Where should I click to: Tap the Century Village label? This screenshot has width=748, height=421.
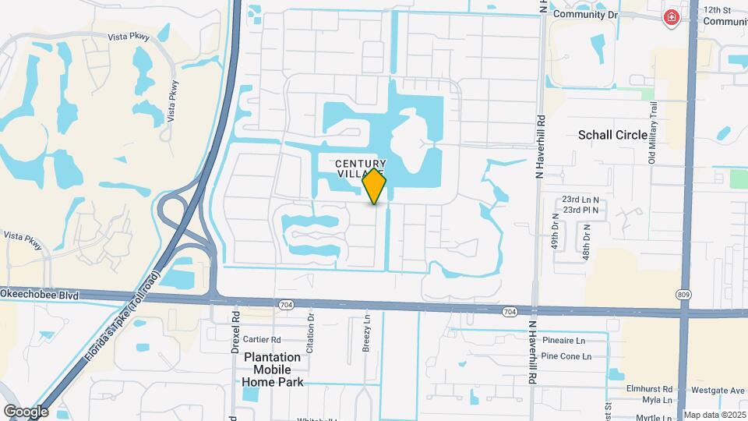360,168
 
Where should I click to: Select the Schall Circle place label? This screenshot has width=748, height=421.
612,135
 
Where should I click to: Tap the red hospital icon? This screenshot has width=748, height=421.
670,17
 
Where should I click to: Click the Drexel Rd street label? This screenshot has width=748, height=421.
235,331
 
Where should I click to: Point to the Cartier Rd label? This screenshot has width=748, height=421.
261,339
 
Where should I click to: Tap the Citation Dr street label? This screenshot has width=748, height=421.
310,333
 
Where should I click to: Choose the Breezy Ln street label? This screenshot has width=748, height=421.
366,334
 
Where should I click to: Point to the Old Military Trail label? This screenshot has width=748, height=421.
653,133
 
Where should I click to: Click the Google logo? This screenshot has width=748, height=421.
26,411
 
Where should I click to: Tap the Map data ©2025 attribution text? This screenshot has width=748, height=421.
714,415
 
